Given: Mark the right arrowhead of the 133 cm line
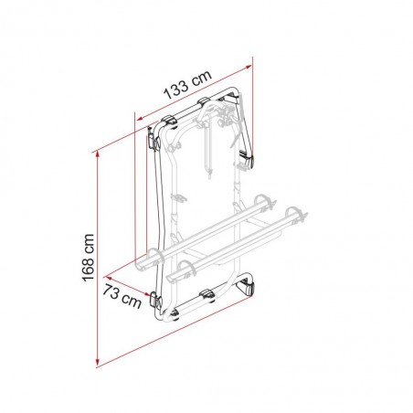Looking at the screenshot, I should tap(249, 68).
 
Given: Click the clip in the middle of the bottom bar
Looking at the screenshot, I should tap(206, 294).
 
